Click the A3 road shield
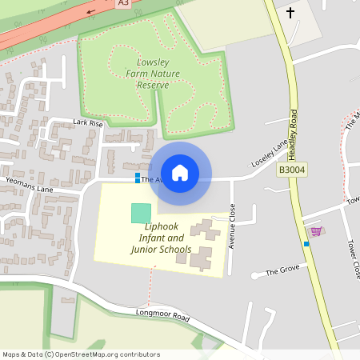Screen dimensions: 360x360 point(122,3)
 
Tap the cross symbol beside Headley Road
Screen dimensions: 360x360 point(290,13)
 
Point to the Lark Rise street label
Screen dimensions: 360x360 point(88,123)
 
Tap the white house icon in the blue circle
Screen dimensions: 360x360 point(180,173)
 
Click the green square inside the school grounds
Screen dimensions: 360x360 point(140,213)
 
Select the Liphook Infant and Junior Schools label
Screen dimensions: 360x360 point(161,238)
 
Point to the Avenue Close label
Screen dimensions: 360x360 point(232,226)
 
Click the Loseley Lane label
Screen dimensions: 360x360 point(269,153)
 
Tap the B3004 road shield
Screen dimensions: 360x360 point(292,170)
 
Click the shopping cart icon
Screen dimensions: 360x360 point(317,231)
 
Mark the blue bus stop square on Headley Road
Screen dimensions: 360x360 point(306,243)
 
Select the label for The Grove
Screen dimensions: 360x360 point(282,271)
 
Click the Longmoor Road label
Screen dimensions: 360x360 point(162,316)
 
